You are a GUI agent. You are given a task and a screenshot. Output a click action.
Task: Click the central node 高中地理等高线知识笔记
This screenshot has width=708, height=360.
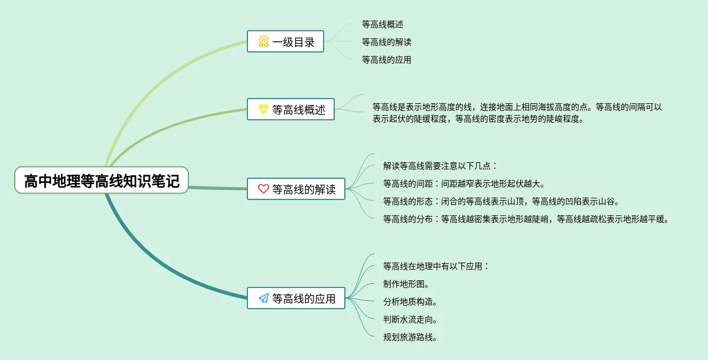pos(101,181)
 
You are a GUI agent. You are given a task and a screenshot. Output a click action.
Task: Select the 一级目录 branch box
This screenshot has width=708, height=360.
pos(285,41)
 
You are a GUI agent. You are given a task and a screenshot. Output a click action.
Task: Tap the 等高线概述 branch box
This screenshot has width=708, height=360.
pos(291,109)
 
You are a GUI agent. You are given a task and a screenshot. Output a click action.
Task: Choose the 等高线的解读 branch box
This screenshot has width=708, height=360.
pos(296,189)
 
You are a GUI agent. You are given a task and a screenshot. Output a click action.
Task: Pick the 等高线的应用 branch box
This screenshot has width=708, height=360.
pos(296,299)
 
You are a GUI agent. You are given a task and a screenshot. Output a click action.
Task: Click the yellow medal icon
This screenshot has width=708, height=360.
pos(263,41)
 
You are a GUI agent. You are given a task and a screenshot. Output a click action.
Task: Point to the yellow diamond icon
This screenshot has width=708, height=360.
pos(263,109)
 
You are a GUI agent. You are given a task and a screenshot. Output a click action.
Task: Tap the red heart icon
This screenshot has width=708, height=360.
pos(263,189)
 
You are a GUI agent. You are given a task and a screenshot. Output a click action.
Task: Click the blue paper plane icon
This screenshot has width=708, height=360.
pos(263,299)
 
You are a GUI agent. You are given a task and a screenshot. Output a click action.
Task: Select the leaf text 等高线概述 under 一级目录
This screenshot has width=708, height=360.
pos(382,24)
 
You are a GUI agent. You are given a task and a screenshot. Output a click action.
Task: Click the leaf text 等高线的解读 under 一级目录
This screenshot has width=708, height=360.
pos(386,42)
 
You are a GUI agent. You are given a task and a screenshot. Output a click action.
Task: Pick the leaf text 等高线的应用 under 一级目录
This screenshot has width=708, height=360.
pos(386,60)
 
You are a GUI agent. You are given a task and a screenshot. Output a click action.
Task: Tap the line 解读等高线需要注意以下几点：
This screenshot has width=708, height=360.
pos(441,166)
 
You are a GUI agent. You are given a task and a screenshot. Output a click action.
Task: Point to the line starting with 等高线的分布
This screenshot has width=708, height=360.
pos(526,219)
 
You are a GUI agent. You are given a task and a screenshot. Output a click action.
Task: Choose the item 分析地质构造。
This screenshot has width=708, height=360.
pos(410,302)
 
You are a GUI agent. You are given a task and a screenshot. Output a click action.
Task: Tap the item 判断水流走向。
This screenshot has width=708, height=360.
pos(410,319)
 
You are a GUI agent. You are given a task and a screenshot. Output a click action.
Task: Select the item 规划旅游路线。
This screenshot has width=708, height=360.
pos(410,337)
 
